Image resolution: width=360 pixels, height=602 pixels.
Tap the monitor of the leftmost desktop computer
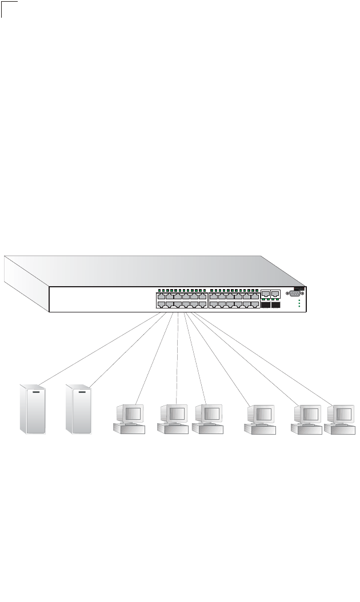click(130, 413)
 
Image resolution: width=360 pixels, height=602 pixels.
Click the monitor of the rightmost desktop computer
click(341, 413)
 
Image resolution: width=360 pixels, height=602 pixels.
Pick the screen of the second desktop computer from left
click(175, 413)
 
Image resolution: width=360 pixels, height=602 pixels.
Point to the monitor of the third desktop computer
click(209, 413)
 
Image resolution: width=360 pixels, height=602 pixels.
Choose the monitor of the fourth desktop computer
click(261, 413)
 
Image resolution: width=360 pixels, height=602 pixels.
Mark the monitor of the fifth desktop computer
click(307, 413)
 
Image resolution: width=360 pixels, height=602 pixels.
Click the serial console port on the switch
click(293, 294)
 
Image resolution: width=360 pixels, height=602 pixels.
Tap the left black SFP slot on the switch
click(265, 304)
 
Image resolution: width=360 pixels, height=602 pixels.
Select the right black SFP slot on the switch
click(276, 304)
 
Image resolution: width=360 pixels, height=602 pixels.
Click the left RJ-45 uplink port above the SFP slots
click(265, 294)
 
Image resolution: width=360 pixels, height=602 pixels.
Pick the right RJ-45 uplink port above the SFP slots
click(275, 294)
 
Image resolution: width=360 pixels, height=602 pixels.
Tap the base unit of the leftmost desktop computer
click(129, 430)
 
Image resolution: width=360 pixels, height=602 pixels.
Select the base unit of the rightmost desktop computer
click(339, 430)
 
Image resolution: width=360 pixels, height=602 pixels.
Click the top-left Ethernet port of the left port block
click(161, 297)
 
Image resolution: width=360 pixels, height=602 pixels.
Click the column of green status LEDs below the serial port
click(299, 303)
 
